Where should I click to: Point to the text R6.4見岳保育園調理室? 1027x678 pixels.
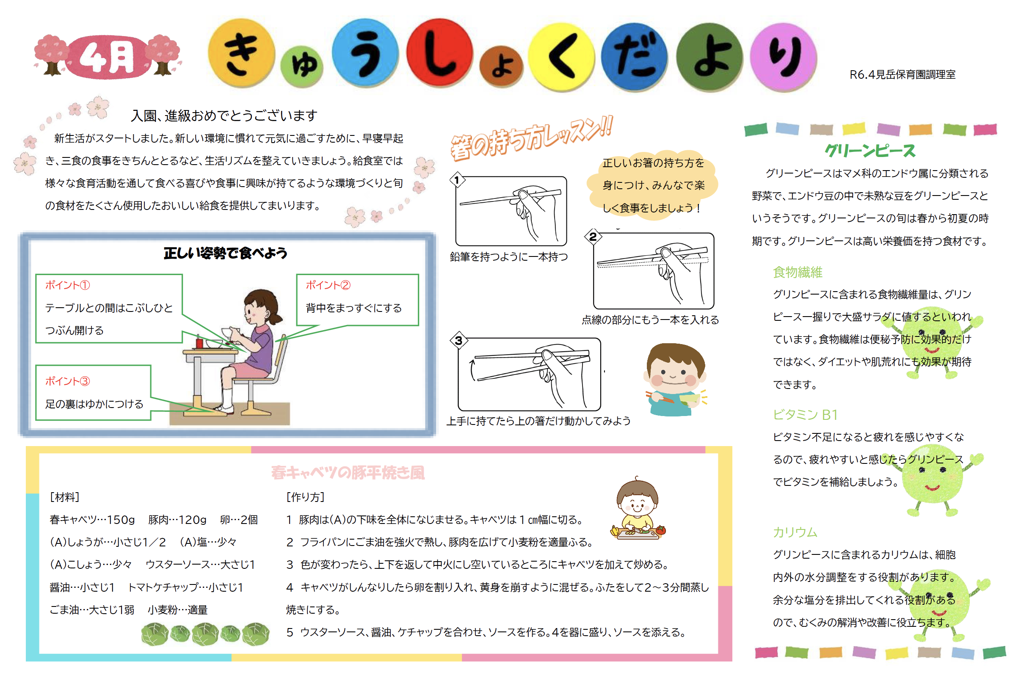pyautogui.click(x=903, y=75)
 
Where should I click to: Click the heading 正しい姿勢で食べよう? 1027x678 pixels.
pyautogui.click(x=225, y=254)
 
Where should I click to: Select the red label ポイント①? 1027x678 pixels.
pyautogui.click(x=67, y=285)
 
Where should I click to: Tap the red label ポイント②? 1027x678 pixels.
pyautogui.click(x=328, y=285)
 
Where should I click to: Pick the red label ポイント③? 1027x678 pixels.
pyautogui.click(x=67, y=381)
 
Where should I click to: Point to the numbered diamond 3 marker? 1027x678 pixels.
pyautogui.click(x=458, y=341)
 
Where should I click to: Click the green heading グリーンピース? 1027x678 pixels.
pyautogui.click(x=870, y=151)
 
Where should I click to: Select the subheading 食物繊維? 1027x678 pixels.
pyautogui.click(x=798, y=273)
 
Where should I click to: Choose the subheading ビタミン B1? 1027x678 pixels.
pyautogui.click(x=805, y=415)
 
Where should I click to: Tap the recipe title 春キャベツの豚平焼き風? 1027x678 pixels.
pyautogui.click(x=348, y=473)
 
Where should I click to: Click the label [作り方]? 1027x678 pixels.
pyautogui.click(x=305, y=497)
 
